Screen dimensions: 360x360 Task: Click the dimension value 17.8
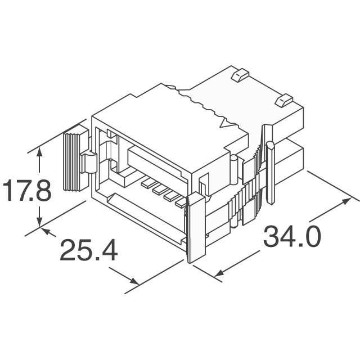(x=26, y=191)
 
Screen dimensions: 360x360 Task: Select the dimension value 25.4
(x=88, y=250)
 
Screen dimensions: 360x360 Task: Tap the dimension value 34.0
(x=292, y=237)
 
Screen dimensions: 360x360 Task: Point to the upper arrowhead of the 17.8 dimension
(x=39, y=152)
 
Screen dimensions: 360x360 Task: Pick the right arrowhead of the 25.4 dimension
(x=133, y=282)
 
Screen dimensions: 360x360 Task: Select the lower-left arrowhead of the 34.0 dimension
(x=220, y=274)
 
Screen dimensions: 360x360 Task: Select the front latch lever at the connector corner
(x=195, y=227)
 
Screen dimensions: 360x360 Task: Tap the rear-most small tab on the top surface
(x=240, y=73)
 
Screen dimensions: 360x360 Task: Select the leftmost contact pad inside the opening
(x=147, y=183)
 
